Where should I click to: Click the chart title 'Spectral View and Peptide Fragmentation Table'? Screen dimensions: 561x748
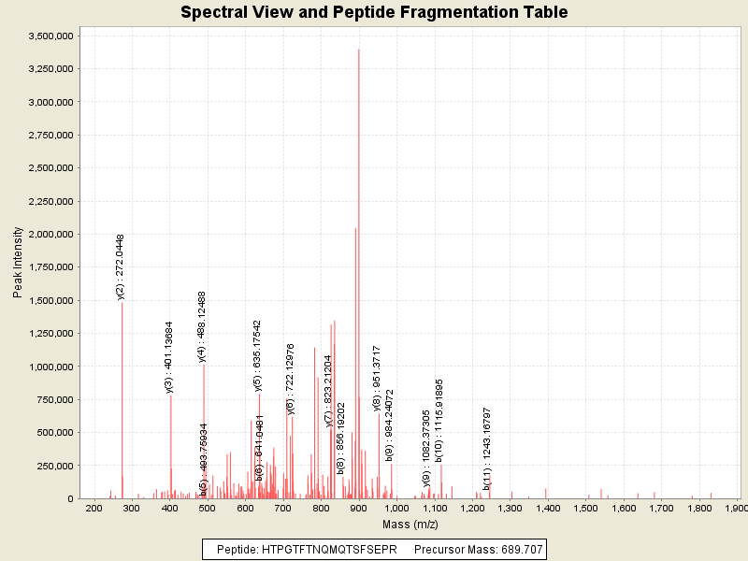[x=374, y=12]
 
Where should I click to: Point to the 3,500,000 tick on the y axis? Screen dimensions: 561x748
[x=52, y=36]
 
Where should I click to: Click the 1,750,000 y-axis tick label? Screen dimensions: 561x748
[x=52, y=267]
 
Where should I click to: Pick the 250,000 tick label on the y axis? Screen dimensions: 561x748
[x=57, y=466]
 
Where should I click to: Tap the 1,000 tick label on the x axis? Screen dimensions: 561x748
[x=396, y=508]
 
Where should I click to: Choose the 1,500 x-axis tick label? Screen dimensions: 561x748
[x=585, y=508]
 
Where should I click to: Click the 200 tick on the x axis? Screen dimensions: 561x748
[x=94, y=508]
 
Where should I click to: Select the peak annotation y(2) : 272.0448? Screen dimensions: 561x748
[x=121, y=266]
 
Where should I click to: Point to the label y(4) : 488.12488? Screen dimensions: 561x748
[x=202, y=325]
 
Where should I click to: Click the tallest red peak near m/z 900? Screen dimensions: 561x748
[x=359, y=271]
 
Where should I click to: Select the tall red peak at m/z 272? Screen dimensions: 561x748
[x=122, y=402]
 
